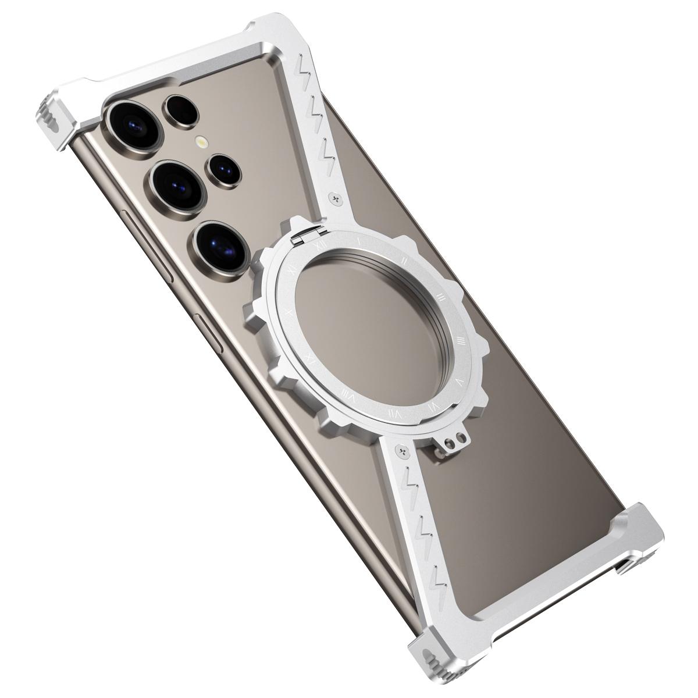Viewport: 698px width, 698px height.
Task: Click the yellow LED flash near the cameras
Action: [x=201, y=141]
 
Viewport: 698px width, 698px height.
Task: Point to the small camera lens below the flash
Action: [x=223, y=169]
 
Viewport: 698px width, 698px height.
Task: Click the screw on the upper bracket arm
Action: [x=336, y=198]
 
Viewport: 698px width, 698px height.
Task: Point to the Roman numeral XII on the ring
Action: [x=318, y=247]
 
